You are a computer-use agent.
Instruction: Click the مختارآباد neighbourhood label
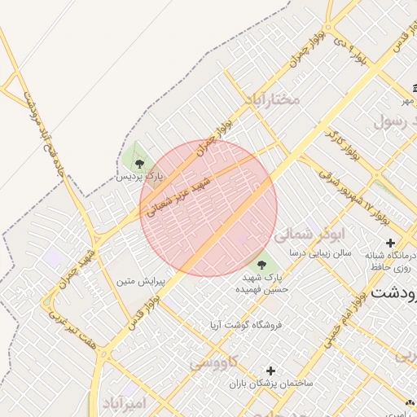pos(271,99)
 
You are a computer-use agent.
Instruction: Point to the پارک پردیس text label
pos(138,175)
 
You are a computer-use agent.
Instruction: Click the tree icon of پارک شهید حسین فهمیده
pos(261,263)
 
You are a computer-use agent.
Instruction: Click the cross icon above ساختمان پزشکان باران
pos(270,371)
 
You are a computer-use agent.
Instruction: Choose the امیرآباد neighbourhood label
pos(124,404)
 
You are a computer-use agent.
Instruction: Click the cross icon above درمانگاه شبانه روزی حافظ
pos(390,243)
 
